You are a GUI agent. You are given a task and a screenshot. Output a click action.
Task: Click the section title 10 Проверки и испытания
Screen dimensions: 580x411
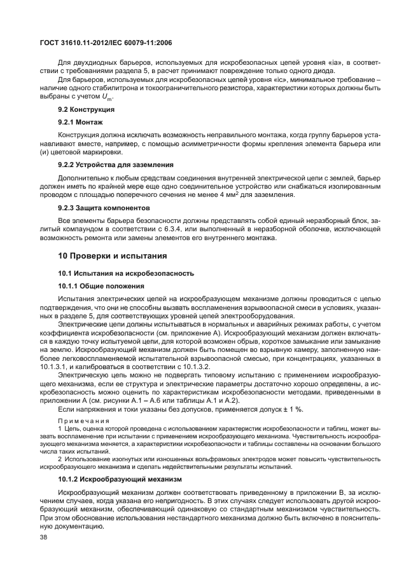click(x=113, y=256)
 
